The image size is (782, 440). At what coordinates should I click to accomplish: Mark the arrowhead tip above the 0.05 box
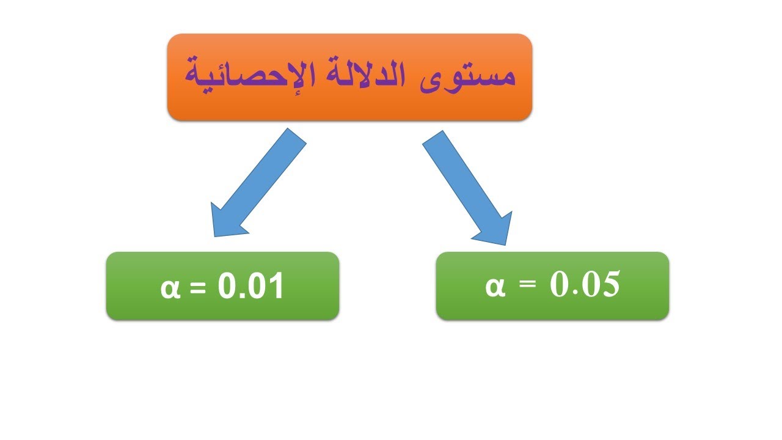(x=506, y=244)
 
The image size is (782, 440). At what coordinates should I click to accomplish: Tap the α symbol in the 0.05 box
(x=495, y=286)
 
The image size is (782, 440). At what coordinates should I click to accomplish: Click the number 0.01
(x=251, y=287)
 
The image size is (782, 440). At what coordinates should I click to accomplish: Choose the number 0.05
(x=585, y=285)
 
